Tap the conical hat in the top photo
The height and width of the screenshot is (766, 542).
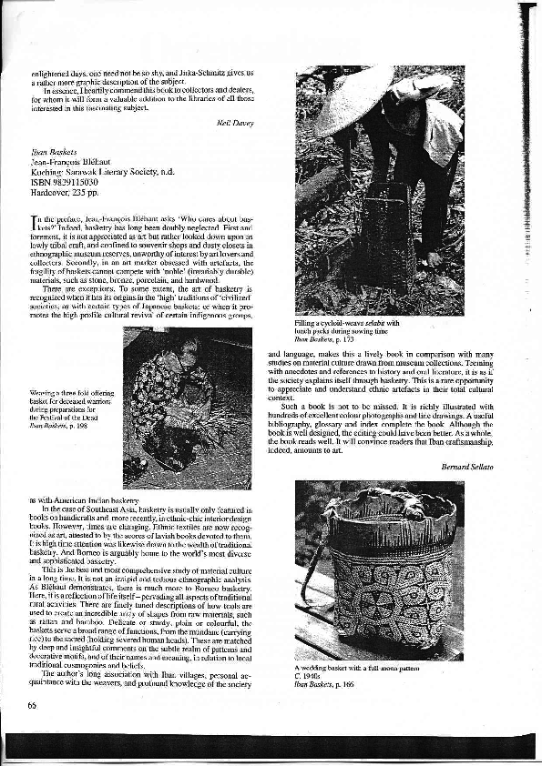352,98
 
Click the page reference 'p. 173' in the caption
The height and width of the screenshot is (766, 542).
349,338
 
